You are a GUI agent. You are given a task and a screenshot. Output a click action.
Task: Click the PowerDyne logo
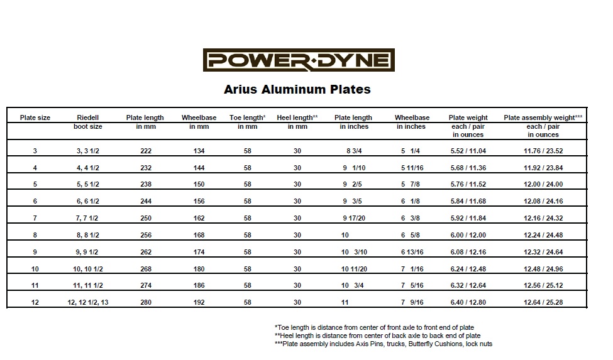pos(299,61)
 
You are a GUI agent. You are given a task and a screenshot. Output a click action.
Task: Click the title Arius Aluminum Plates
pos(297,89)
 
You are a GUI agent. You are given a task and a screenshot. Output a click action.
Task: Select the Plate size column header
pos(35,117)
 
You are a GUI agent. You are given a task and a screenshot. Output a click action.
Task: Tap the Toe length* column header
pos(248,117)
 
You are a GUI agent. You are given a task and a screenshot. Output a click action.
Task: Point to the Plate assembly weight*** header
pos(543,117)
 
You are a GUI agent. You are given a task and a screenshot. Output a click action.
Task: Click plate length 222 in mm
pos(145,151)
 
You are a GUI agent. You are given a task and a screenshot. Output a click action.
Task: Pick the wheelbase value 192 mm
pos(199,302)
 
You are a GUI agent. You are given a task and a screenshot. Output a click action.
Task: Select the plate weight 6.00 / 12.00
pos(468,235)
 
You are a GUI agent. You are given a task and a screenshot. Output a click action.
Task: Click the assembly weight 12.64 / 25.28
pos(543,302)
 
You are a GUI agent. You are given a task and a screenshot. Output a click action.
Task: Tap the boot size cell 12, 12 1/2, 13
pos(88,302)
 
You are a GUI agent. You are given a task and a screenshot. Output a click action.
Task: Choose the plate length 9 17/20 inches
pos(353,218)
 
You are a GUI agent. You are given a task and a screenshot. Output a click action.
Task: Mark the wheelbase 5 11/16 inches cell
pos(412,168)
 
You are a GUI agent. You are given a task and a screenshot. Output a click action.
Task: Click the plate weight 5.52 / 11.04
pos(468,151)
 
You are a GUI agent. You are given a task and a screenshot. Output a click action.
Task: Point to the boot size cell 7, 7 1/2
pos(88,218)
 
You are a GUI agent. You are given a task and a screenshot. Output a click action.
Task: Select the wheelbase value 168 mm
pos(199,235)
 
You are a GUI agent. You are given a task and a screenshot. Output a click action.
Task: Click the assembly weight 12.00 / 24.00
pos(543,185)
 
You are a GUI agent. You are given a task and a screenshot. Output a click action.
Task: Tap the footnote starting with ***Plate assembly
pos(384,344)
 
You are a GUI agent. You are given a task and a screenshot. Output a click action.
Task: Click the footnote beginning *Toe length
pos(374,327)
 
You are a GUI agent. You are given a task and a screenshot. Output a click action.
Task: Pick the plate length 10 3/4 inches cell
pos(353,285)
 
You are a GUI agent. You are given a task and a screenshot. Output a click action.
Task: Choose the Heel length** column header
pos(297,117)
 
